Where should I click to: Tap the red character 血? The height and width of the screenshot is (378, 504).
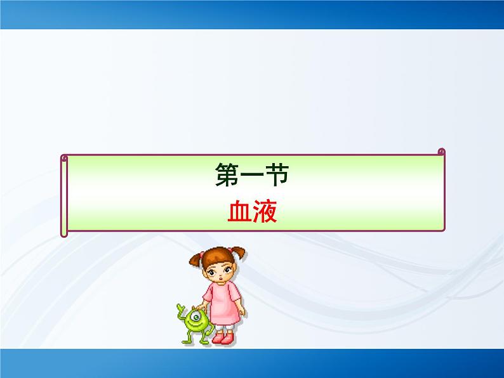pos(240,212)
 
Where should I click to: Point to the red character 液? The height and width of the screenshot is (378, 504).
pos(265,212)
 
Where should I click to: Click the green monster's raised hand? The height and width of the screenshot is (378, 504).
pos(180,309)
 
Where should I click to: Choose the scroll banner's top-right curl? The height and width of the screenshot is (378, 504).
pos(441,152)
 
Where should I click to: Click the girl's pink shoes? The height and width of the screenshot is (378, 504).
pos(222,338)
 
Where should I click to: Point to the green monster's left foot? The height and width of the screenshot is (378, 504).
pos(189,341)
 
